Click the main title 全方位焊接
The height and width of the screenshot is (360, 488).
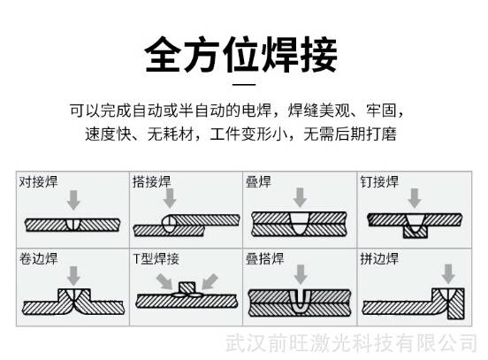point(241,55)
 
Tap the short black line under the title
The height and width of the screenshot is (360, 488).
point(244,84)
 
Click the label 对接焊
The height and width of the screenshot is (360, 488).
point(39,182)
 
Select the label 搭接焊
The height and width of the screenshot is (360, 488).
point(152,182)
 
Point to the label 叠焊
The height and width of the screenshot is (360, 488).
point(258,182)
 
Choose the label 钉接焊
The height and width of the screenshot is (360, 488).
point(379,182)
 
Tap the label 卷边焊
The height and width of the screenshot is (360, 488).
point(39,258)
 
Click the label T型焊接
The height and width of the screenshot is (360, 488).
point(156,258)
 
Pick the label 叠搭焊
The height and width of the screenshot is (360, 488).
point(265,258)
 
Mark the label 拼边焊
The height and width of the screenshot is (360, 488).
point(379,258)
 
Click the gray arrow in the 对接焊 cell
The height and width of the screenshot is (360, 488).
point(73,200)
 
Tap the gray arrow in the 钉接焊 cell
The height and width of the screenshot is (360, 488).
point(415,198)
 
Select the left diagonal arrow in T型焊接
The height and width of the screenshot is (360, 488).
point(164,281)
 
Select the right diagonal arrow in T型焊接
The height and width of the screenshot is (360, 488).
point(210,281)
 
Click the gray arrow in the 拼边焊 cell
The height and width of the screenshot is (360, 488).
point(448,274)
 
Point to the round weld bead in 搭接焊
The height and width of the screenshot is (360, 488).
point(170,224)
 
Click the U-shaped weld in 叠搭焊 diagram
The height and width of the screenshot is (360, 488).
point(300,302)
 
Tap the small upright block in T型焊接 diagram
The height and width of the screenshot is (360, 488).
point(187,288)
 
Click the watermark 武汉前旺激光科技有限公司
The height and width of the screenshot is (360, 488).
point(351,343)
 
